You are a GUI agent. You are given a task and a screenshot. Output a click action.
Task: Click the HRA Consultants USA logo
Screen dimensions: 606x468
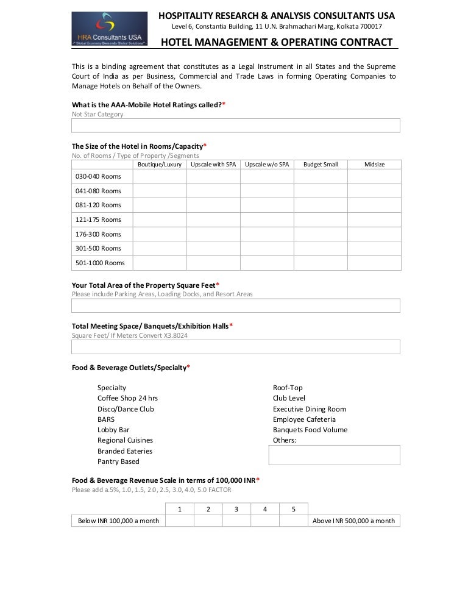click(110, 29)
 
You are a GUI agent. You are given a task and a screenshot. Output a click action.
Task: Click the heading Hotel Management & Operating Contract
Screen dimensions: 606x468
click(276, 42)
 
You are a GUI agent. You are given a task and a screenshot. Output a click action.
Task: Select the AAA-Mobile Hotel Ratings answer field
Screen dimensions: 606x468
click(236, 126)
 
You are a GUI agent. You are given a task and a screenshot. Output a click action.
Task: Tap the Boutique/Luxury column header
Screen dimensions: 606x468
click(160, 165)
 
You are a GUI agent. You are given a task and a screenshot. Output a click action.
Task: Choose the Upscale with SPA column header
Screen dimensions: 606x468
click(213, 165)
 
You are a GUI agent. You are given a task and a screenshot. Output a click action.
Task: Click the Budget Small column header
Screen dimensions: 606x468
click(321, 165)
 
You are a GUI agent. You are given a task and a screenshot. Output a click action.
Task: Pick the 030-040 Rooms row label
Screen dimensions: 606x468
click(98, 176)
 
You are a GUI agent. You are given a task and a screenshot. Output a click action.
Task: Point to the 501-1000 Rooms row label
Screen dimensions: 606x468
click(100, 263)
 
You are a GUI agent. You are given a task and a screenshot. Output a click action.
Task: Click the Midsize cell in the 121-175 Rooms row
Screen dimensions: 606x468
click(374, 219)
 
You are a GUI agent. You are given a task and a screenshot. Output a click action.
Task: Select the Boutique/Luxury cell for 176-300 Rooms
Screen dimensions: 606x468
click(160, 234)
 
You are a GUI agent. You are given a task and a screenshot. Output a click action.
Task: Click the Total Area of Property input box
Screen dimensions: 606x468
click(236, 305)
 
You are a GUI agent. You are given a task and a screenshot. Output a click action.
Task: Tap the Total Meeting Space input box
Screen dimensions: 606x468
click(236, 347)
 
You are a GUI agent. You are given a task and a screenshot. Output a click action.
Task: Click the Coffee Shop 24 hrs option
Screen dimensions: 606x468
click(127, 398)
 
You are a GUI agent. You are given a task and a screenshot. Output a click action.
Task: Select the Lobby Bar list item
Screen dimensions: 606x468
click(113, 430)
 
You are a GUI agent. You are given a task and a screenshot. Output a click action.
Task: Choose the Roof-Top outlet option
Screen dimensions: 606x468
click(288, 388)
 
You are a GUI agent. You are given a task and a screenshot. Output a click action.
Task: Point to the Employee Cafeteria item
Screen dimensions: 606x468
click(304, 419)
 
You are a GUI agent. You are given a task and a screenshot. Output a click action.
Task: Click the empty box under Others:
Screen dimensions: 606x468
click(334, 455)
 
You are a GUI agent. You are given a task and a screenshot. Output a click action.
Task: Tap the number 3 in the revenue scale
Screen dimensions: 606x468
click(236, 509)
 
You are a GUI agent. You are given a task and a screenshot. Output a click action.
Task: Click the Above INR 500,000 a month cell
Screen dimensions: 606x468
click(353, 521)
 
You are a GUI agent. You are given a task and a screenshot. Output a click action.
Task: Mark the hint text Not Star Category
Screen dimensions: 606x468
click(97, 114)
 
